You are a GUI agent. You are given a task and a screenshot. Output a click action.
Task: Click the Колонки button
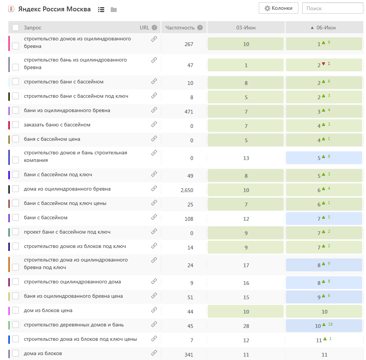[278, 8]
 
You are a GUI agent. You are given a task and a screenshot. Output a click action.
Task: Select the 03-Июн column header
[246, 28]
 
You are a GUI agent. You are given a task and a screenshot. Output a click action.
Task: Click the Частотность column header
[180, 28]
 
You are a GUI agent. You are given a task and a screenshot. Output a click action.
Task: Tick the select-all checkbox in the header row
[15, 28]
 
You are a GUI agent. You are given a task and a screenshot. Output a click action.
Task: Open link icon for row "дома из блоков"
[154, 353]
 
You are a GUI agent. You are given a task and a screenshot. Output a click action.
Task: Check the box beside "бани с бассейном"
[15, 218]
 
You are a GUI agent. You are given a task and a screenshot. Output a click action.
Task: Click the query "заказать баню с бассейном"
[57, 125]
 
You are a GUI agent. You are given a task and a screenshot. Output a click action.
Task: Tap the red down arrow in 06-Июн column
[323, 64]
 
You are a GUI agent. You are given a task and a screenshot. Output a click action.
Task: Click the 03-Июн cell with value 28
[246, 326]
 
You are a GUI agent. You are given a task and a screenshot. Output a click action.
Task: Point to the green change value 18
[330, 325]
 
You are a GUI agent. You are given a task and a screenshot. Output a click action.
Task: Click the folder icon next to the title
[114, 9]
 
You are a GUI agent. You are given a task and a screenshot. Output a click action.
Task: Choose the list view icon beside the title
[101, 9]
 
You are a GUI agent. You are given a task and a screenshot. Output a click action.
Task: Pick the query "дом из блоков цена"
[48, 311]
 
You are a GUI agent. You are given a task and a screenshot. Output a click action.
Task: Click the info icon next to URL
[154, 28]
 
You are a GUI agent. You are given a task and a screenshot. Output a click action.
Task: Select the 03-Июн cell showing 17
[246, 265]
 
